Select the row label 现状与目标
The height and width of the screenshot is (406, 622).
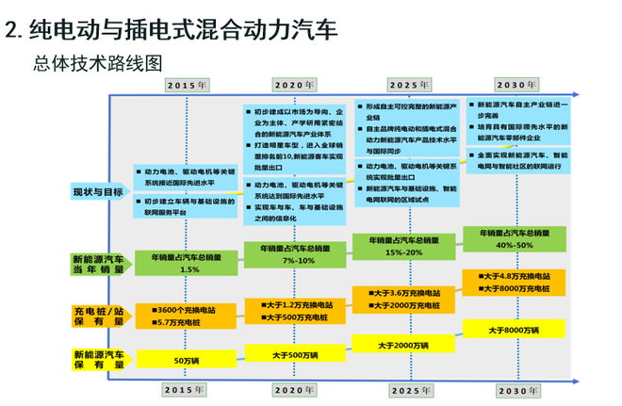coord(97,191)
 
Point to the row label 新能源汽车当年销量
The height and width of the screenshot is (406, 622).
coord(98,264)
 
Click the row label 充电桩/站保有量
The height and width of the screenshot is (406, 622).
coord(98,316)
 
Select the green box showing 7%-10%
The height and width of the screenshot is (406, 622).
coord(296,253)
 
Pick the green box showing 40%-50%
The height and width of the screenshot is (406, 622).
coord(514,238)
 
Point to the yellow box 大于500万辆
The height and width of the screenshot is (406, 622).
coord(296,353)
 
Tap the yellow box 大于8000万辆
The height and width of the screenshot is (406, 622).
coord(514,330)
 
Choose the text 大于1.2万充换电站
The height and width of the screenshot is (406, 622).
coord(296,304)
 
